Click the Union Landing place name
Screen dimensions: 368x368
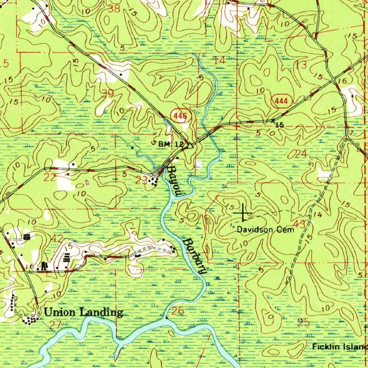[x=83, y=312]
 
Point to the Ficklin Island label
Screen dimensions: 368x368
[x=340, y=347]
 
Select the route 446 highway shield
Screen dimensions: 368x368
[x=180, y=116]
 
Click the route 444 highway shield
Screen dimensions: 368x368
[x=281, y=101]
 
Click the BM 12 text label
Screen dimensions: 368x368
[x=171, y=144]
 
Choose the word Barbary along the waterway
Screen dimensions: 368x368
[x=194, y=256]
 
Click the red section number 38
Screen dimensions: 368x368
[x=114, y=9]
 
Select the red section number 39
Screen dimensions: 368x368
[x=108, y=93]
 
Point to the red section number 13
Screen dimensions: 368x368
[x=302, y=65]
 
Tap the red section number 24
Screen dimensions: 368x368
[x=301, y=154]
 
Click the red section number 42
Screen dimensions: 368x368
[x=57, y=239]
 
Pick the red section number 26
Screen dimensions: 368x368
[x=178, y=311]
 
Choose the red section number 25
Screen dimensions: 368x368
[x=304, y=322]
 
